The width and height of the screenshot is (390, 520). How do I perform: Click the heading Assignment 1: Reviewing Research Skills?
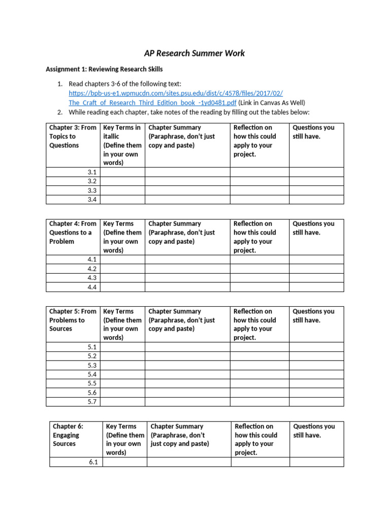click(104, 69)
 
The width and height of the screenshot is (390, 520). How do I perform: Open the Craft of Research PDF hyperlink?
click(176, 98)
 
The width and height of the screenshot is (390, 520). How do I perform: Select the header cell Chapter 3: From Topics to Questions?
click(73, 137)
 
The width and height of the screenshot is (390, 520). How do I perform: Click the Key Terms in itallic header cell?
click(122, 145)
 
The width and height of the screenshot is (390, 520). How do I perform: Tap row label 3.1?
click(91, 172)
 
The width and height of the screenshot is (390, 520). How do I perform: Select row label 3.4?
click(91, 200)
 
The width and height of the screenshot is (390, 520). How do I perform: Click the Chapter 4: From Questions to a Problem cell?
click(73, 233)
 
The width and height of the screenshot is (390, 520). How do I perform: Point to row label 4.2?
click(91, 269)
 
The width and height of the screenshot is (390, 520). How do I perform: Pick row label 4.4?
click(91, 287)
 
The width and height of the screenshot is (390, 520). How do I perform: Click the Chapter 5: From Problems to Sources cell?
click(73, 320)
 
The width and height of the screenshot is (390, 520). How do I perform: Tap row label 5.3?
click(91, 365)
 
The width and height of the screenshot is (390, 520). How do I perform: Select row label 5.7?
click(91, 402)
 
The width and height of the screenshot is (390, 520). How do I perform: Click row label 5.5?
click(91, 383)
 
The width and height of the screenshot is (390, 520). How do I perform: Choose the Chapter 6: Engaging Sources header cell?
click(76, 435)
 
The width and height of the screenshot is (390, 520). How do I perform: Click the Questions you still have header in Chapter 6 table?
click(314, 431)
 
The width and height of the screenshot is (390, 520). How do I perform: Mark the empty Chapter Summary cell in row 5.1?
click(187, 347)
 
